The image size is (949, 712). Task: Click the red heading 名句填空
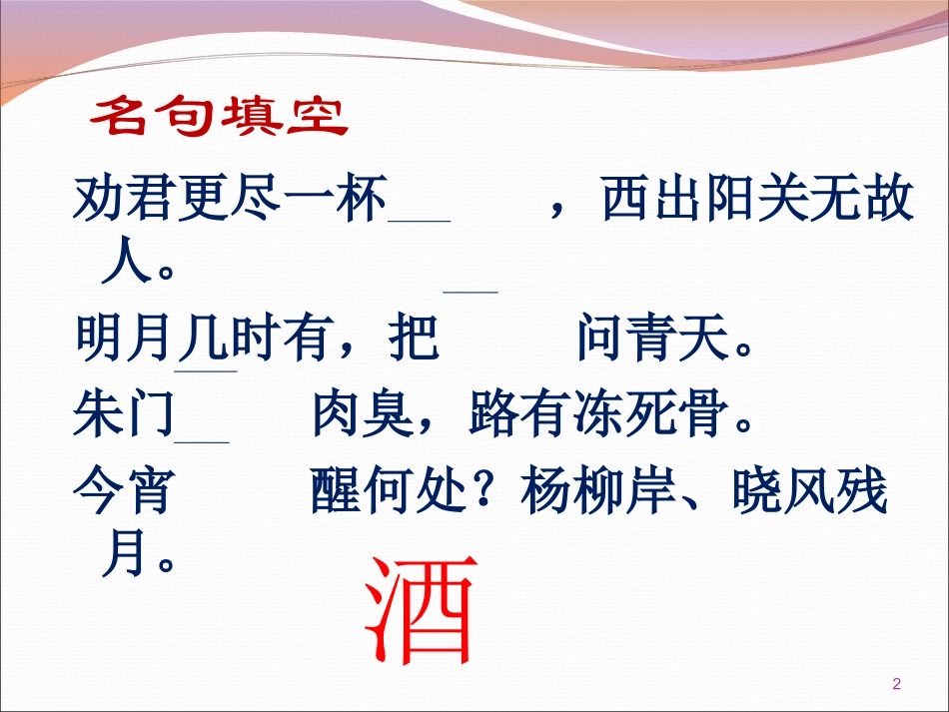coord(218,117)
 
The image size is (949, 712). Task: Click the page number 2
coord(895,684)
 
